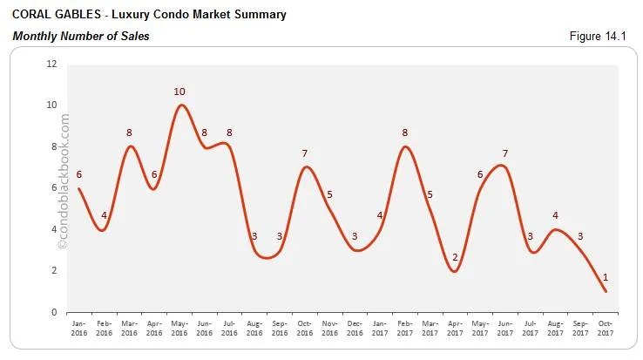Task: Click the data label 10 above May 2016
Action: pyautogui.click(x=180, y=92)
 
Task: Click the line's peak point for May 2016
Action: pyautogui.click(x=180, y=105)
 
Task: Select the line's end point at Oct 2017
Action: pyautogui.click(x=606, y=291)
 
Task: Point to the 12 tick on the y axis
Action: pyautogui.click(x=51, y=64)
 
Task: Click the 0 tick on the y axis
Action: pyautogui.click(x=54, y=312)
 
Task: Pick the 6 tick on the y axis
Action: pyautogui.click(x=54, y=187)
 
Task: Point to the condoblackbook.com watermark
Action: pyautogui.click(x=62, y=183)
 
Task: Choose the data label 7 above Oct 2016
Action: pyautogui.click(x=305, y=154)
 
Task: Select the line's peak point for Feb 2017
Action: pyautogui.click(x=405, y=146)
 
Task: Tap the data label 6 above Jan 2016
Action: pyautogui.click(x=79, y=174)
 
